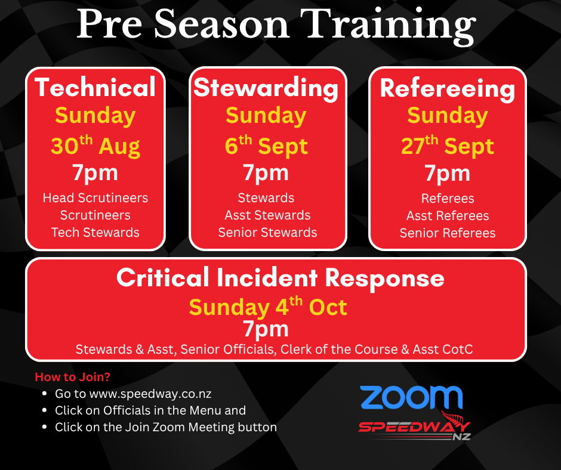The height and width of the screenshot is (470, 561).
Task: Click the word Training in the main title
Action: click(392, 26)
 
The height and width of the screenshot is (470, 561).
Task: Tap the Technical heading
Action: click(95, 87)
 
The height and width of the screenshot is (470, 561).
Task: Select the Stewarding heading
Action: click(266, 88)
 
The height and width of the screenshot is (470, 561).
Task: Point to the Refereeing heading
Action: click(448, 89)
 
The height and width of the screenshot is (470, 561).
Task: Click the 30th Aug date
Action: click(95, 146)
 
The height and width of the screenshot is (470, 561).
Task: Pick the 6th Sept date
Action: click(266, 146)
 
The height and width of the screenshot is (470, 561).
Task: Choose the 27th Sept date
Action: click(448, 146)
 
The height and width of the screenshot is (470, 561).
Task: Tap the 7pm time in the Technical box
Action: click(95, 173)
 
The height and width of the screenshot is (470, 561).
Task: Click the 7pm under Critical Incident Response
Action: click(266, 329)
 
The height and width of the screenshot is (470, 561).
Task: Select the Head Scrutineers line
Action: click(95, 198)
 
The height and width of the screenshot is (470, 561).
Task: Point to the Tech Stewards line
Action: click(95, 233)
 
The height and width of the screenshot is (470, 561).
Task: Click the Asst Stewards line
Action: click(267, 215)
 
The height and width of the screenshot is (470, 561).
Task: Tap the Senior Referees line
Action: click(448, 233)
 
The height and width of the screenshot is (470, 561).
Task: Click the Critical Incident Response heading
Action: click(280, 278)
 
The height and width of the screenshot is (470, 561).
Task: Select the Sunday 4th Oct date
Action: click(268, 307)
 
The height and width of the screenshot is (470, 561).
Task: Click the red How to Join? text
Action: click(73, 377)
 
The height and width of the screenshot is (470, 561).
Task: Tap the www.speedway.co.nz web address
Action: click(150, 394)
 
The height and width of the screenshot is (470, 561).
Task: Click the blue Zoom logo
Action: click(411, 397)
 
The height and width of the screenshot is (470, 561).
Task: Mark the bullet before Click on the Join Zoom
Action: click(44, 427)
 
